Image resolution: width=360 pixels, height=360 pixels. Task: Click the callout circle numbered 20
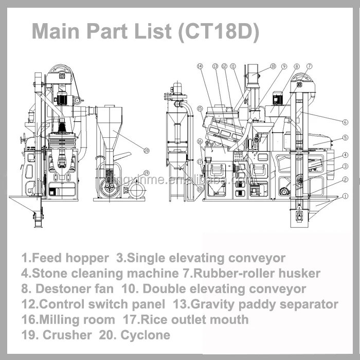click(147, 151)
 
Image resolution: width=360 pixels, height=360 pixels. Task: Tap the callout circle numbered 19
click(146, 173)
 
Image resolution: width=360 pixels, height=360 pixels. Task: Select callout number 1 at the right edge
click(346, 195)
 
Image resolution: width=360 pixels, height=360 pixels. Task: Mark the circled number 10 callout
click(273, 66)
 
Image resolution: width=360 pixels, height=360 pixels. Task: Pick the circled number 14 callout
click(200, 66)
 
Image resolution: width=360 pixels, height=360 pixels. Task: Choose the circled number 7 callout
click(309, 66)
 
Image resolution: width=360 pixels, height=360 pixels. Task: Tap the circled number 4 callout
click(346, 155)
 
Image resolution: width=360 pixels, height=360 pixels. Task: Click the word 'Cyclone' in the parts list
click(145, 335)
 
